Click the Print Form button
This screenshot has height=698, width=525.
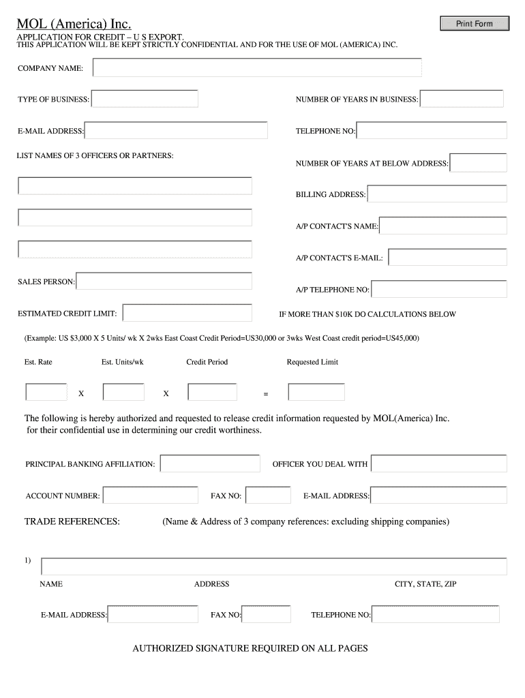coord(474,24)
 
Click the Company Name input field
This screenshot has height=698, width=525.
coord(257,67)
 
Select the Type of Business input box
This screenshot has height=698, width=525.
coord(145,99)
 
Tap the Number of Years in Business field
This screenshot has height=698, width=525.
coord(462,99)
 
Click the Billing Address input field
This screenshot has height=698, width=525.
coord(437,194)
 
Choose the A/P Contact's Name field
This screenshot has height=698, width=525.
coord(443,226)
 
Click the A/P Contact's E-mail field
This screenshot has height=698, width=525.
coord(447,258)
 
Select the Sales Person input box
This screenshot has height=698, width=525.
coord(164,281)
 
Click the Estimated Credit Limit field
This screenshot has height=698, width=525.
coord(187,313)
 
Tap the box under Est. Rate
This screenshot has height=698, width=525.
coord(46,393)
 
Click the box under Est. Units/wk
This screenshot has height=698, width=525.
coord(123,393)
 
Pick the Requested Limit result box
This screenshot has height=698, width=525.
coord(316,393)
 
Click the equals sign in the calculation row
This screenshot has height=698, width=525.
coord(266,394)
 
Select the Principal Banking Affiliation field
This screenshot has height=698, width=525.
coord(210,464)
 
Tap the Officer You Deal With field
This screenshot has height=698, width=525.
coord(439,464)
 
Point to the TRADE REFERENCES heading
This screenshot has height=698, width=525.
coord(72,521)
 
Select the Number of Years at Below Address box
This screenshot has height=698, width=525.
coord(479,163)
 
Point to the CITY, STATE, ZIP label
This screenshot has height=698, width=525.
coord(425,584)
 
